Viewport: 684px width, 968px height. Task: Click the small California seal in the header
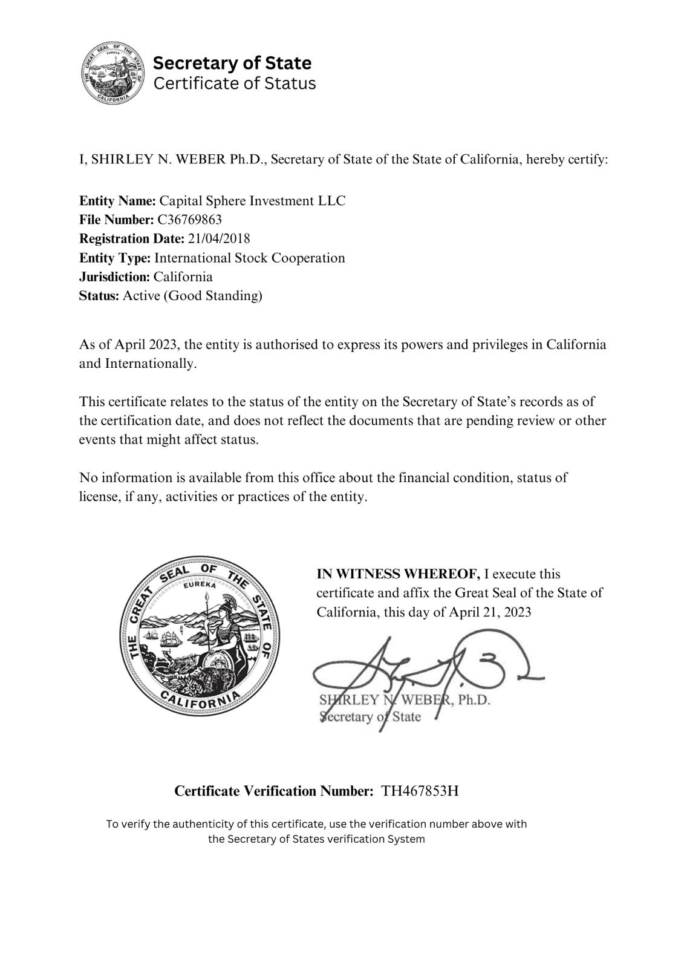click(112, 73)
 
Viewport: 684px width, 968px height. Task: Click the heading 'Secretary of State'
click(232, 63)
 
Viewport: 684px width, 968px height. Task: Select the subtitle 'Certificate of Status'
click(235, 83)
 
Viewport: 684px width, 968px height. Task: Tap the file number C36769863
click(189, 219)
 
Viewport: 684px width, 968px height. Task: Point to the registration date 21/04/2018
click(218, 238)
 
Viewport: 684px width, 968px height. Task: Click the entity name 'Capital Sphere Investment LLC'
click(252, 200)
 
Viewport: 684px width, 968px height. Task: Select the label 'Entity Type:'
click(115, 258)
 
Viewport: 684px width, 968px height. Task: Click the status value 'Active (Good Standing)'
click(192, 296)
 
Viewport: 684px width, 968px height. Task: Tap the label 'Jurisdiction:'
click(114, 277)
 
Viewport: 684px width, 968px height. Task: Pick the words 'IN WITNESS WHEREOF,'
click(398, 574)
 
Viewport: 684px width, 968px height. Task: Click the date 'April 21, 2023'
click(490, 612)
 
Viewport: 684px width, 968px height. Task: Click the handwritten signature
click(423, 672)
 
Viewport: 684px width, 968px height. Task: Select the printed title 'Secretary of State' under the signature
click(370, 718)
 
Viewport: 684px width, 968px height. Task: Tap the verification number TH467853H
click(420, 791)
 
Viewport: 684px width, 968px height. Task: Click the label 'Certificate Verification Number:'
click(273, 791)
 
